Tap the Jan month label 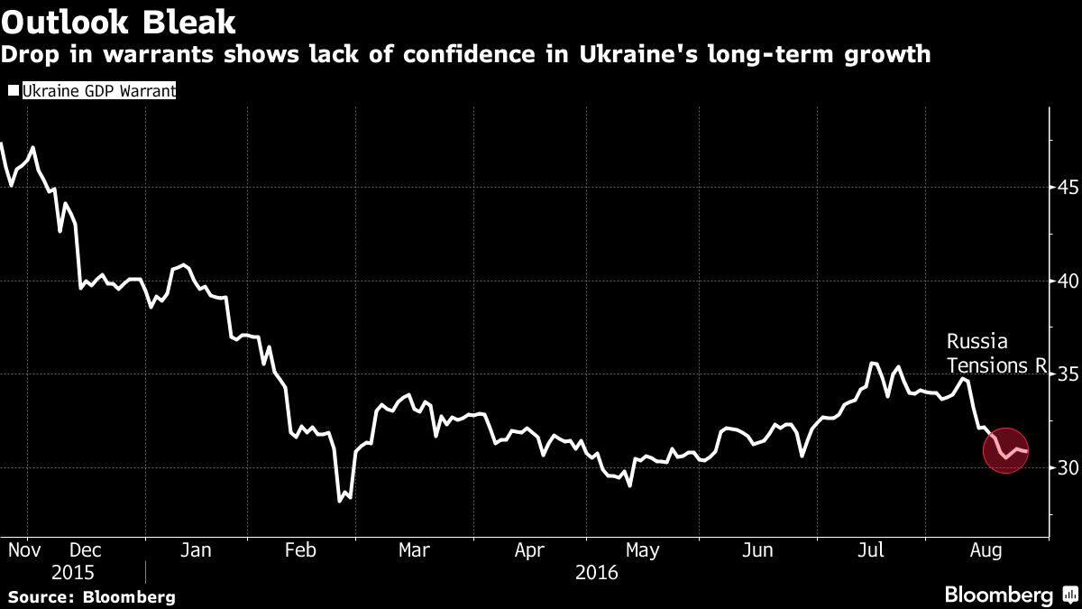196,549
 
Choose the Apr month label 529,549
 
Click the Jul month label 871,549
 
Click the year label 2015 73,572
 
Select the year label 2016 595,572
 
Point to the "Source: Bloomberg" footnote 91,596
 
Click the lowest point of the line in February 340,501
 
